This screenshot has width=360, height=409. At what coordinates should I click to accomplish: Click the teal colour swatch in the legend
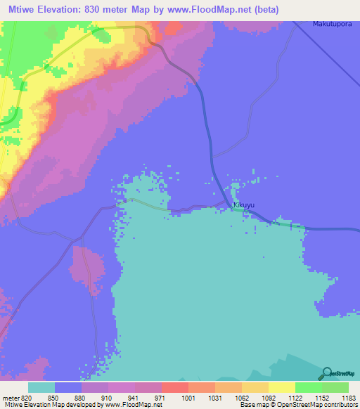tap(41, 387)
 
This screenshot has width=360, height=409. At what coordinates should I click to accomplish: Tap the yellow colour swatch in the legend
tap(281, 387)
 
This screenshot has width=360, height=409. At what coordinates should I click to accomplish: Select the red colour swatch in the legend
tap(174, 387)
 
